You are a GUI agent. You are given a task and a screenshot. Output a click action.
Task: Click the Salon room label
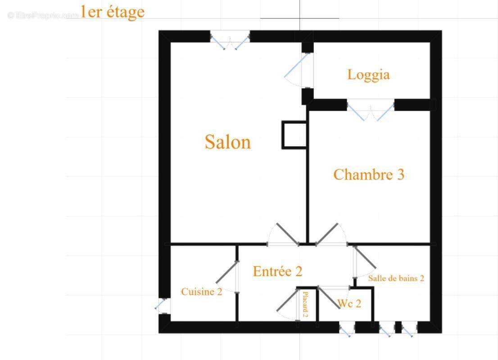tap(228, 142)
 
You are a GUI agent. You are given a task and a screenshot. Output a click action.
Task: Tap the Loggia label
tap(368, 75)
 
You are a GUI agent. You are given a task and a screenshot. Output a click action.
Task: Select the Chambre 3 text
tap(369, 175)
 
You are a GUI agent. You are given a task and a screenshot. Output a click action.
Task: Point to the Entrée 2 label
tap(277, 271)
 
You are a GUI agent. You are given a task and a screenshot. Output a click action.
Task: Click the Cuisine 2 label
tap(201, 292)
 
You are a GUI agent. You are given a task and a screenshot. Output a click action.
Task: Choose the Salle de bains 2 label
tap(396, 278)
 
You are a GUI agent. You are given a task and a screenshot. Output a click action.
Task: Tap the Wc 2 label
tap(349, 303)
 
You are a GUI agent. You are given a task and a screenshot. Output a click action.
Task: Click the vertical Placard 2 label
tap(305, 305)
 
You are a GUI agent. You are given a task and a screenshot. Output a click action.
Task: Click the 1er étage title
tap(113, 12)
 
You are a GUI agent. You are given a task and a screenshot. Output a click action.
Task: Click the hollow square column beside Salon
tap(294, 135)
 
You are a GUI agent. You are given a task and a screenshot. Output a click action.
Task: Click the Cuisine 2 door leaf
tap(227, 272)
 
